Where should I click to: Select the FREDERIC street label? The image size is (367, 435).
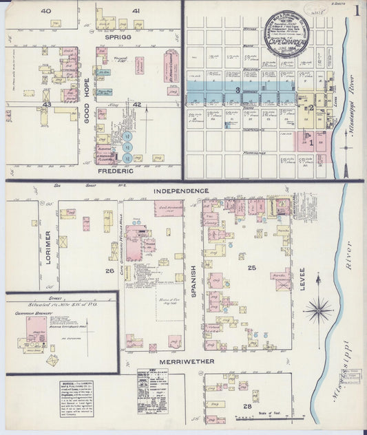(x=114, y=169)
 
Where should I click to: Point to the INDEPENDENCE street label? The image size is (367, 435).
(x=182, y=190)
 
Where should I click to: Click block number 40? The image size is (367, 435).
(x=45, y=12)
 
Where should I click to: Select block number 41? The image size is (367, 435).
(x=136, y=12)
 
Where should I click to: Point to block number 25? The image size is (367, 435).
(x=252, y=267)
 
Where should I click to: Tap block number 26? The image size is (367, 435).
(x=109, y=271)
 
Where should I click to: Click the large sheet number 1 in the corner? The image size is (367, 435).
(x=357, y=11)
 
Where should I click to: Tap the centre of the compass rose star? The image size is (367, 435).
(x=317, y=308)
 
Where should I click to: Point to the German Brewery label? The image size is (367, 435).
(x=36, y=312)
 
